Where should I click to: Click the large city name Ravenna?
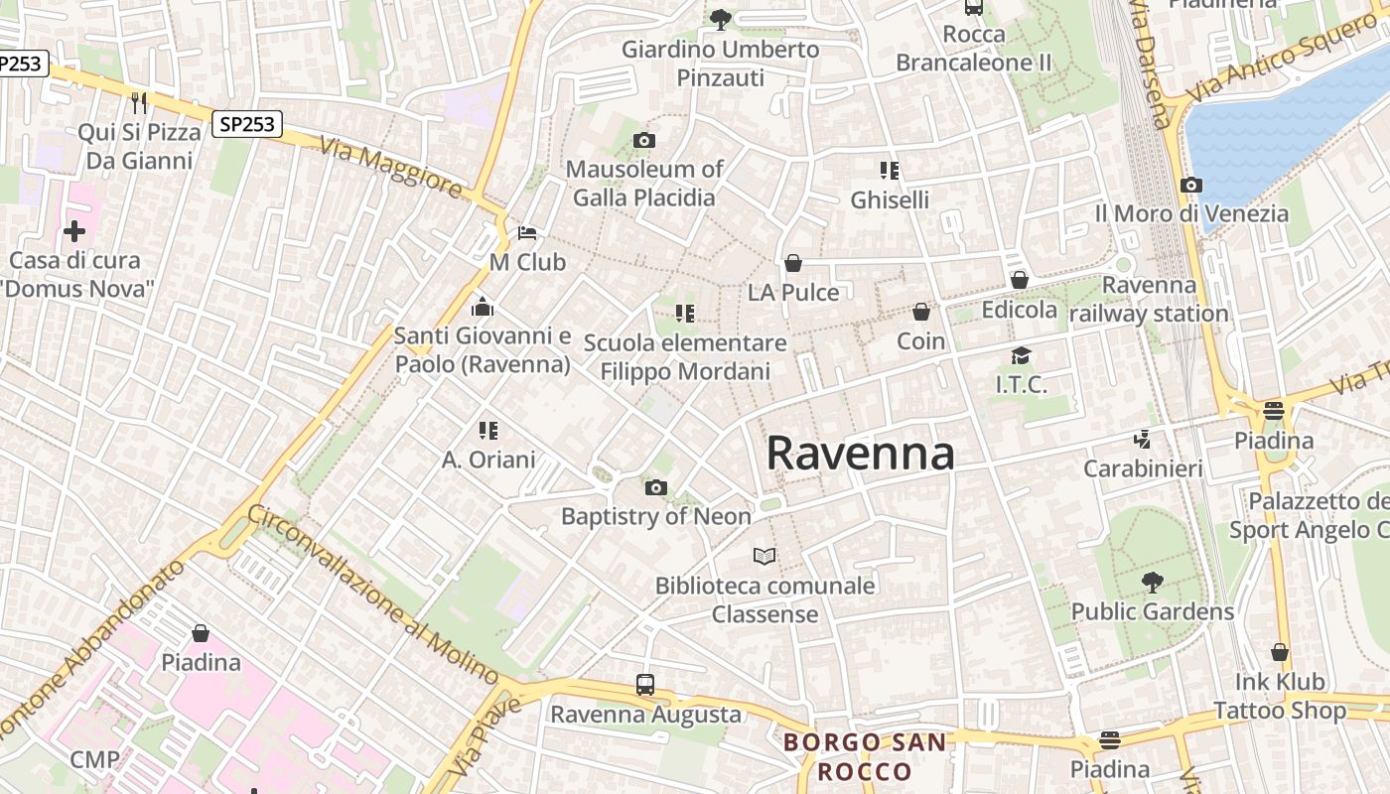click(860, 453)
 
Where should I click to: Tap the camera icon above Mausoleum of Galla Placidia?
click(643, 141)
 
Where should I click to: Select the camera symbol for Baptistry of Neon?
click(655, 487)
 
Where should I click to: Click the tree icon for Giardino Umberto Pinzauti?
click(721, 18)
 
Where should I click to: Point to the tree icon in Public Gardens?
click(1152, 582)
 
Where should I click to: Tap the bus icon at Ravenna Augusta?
click(645, 685)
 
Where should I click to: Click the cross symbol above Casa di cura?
click(74, 232)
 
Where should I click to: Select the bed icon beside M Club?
click(527, 233)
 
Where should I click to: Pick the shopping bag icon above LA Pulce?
click(793, 263)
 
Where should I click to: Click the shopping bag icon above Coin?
click(921, 312)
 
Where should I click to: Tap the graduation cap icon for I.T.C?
click(1021, 355)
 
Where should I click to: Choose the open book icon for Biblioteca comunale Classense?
click(764, 556)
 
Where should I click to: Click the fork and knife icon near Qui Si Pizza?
click(139, 102)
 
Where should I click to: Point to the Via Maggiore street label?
click(390, 166)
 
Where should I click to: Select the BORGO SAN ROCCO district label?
click(864, 756)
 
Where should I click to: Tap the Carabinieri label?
click(1143, 468)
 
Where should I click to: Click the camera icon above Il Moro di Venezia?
click(1191, 185)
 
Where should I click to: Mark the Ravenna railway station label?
click(1149, 300)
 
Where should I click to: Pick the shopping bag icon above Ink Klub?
click(1280, 652)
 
